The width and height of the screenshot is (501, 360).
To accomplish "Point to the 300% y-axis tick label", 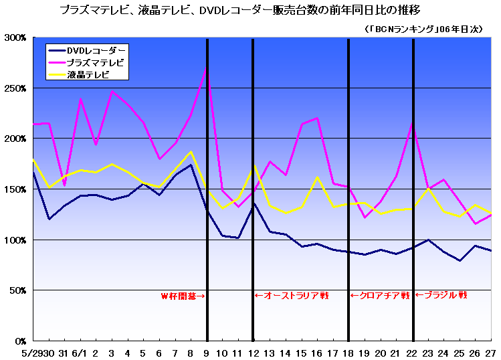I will (x=14, y=38).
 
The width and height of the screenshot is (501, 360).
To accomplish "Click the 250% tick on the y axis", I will (x=14, y=88).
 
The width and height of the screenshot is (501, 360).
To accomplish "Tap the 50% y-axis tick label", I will (x=16, y=290).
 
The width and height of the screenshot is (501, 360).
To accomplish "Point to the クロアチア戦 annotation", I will (x=380, y=295).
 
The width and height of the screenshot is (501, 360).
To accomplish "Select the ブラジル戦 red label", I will (x=441, y=295).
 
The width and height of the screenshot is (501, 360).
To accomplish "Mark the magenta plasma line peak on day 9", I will (x=207, y=69).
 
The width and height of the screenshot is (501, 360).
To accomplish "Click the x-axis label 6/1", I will (x=79, y=352).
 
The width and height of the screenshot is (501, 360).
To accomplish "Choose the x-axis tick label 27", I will (x=492, y=352).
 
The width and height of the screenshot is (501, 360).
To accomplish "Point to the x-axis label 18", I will (x=348, y=352).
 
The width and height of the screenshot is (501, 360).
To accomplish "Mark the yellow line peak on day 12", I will (x=253, y=166).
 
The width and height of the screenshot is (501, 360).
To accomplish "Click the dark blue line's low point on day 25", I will (x=460, y=260).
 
